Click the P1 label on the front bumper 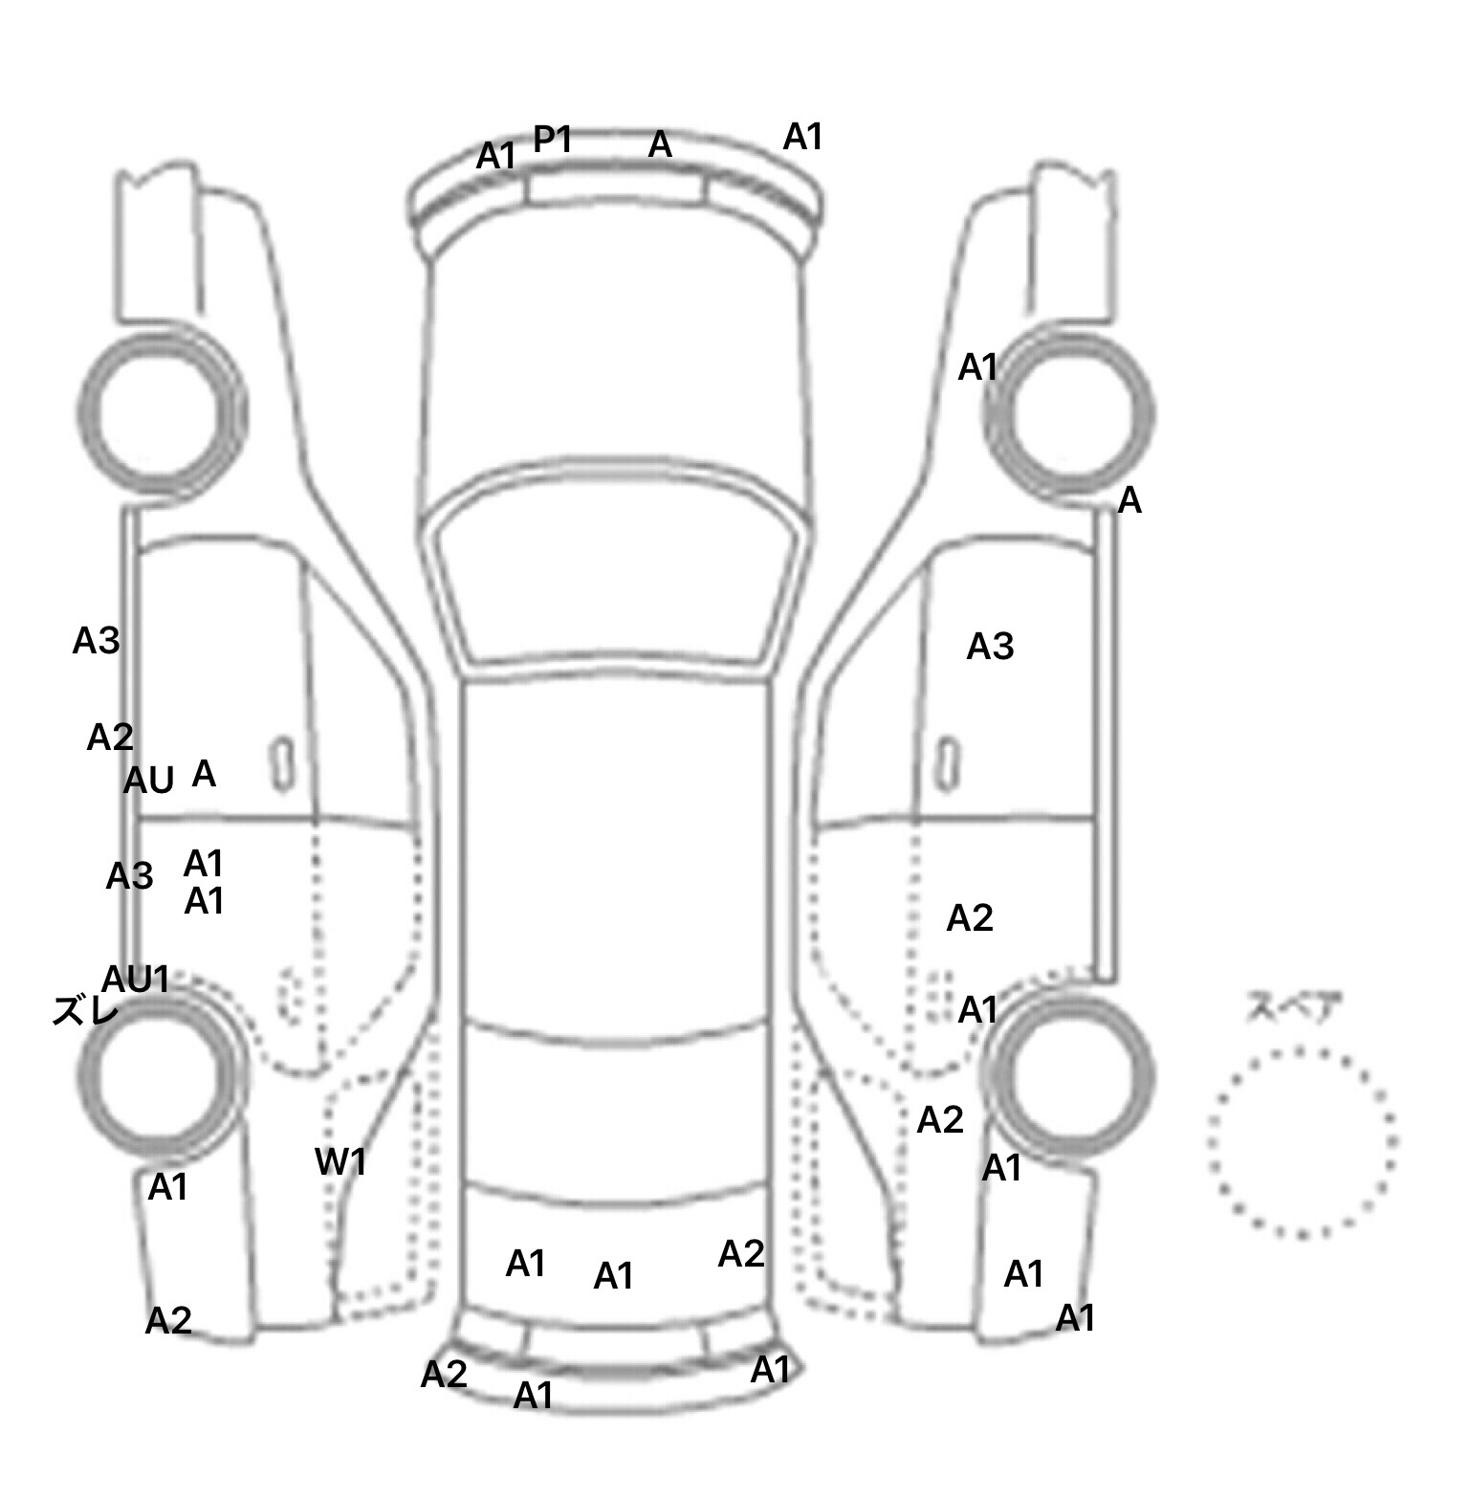[552, 140]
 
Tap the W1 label [340, 1161]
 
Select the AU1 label [136, 979]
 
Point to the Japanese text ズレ [85, 1010]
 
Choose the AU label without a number [149, 782]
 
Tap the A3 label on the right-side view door [990, 647]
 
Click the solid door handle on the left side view [282, 765]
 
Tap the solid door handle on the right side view [948, 765]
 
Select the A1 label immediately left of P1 [496, 155]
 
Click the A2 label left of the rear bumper [444, 1374]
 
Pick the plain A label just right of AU [204, 773]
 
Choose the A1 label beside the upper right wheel [977, 366]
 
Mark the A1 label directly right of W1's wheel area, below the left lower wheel [167, 1187]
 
